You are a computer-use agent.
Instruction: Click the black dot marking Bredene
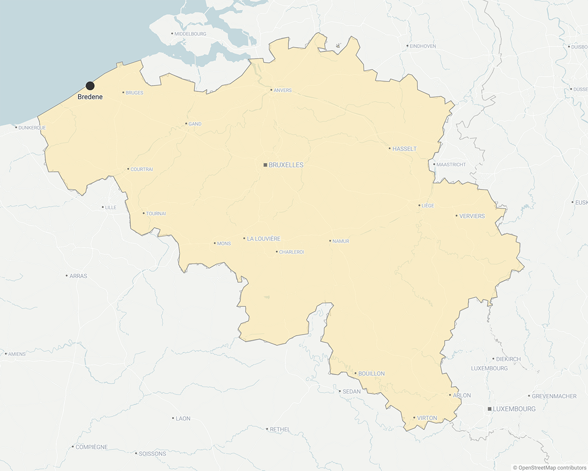[90, 86]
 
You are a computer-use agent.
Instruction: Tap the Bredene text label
[90, 97]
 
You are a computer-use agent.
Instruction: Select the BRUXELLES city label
[286, 165]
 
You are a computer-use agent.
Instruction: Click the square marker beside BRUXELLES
[265, 165]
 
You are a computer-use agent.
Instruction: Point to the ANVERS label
[283, 90]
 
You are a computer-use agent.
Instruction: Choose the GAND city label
[195, 124]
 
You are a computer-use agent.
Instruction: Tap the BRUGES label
[134, 93]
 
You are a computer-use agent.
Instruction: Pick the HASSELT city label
[404, 149]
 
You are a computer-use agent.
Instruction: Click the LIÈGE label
[428, 206]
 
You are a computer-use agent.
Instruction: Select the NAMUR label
[341, 241]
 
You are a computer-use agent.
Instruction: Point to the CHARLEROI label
[292, 252]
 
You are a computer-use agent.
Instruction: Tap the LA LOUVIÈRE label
[264, 239]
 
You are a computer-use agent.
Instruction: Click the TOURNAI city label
[156, 213]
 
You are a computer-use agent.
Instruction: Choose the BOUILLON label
[371, 374]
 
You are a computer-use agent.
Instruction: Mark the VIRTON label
[427, 419]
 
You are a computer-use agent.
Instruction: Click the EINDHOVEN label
[423, 46]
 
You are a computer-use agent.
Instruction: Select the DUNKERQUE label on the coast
[32, 128]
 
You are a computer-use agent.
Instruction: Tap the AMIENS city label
[17, 354]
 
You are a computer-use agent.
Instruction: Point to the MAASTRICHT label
[451, 165]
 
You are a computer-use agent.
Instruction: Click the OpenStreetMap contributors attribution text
[549, 468]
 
